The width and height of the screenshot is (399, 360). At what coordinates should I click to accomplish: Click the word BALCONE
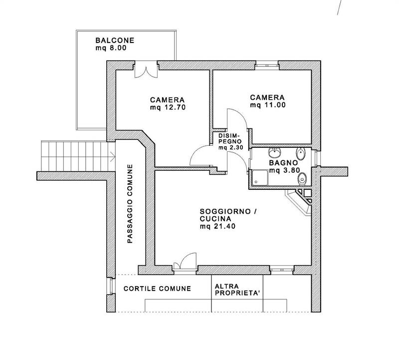[x=115, y=40]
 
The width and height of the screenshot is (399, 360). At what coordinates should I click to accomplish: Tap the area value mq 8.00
[x=111, y=48]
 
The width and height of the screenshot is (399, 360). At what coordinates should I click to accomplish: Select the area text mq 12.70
[x=168, y=107]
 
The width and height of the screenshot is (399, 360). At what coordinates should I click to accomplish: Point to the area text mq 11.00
[x=268, y=105]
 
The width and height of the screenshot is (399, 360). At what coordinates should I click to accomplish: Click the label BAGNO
[x=283, y=163]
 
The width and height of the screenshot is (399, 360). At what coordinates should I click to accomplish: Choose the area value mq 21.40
[x=217, y=226]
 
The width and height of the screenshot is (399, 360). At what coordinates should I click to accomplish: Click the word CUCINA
[x=215, y=219]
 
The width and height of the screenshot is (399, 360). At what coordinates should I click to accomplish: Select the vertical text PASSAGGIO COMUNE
[x=130, y=204]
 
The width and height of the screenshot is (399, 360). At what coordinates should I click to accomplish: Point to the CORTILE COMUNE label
[x=157, y=289]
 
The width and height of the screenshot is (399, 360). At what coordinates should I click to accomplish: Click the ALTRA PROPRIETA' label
[x=237, y=290]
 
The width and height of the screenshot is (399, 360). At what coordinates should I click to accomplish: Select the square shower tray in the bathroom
[x=260, y=177]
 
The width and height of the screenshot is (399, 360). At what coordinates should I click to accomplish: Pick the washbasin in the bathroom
[x=275, y=153]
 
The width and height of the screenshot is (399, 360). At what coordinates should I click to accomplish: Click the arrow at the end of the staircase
[x=113, y=156]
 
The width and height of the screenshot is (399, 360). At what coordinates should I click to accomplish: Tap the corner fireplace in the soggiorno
[x=300, y=203]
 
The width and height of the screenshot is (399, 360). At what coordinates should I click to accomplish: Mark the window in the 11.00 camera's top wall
[x=267, y=65]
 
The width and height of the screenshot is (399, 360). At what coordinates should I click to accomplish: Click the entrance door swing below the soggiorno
[x=185, y=261]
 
